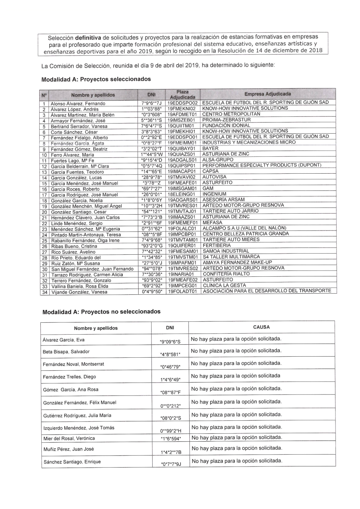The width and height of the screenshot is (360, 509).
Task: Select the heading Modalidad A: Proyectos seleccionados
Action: click(96, 79)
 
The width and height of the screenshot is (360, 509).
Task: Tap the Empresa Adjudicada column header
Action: click(267, 94)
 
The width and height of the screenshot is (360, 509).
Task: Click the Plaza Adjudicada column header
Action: click(183, 94)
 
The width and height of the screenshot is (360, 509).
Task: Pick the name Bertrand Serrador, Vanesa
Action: click(79, 126)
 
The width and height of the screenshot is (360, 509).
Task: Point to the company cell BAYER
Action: click(210, 148)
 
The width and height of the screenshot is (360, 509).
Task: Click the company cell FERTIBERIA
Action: click(217, 245)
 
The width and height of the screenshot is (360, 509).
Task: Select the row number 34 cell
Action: click(45, 292)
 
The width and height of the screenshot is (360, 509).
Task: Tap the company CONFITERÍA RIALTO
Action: click(226, 274)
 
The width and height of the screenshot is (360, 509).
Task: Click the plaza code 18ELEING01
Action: click(182, 195)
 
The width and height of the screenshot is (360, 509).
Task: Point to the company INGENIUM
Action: click(214, 194)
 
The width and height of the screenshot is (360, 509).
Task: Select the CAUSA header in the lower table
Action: click(261, 327)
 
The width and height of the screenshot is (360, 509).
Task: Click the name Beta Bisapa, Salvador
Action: click(66, 352)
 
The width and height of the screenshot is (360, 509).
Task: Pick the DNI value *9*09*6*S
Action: click(170, 341)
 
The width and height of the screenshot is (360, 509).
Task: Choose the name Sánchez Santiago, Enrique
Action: click(72, 462)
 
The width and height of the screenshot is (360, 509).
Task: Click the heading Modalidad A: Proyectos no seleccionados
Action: click(102, 312)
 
